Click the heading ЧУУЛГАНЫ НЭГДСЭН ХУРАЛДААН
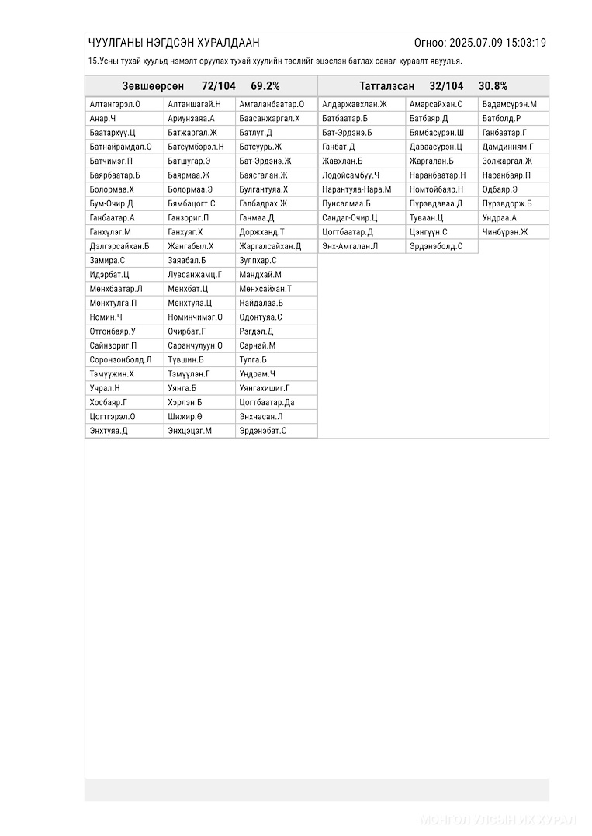pyautogui.click(x=174, y=43)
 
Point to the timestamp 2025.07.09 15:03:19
pyautogui.click(x=497, y=43)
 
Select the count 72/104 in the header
pyautogui.click(x=218, y=86)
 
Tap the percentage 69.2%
pyautogui.click(x=265, y=86)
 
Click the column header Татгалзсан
pyautogui.click(x=386, y=86)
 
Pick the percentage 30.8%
pyautogui.click(x=493, y=86)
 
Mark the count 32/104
pyautogui.click(x=446, y=86)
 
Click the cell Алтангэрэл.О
pyautogui.click(x=115, y=104)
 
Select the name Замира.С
pyautogui.click(x=107, y=261)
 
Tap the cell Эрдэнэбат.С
pyautogui.click(x=263, y=431)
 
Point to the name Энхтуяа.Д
pyautogui.click(x=109, y=431)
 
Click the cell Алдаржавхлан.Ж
pyautogui.click(x=355, y=104)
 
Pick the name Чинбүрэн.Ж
pyautogui.click(x=504, y=232)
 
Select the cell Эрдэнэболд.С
pyautogui.click(x=436, y=247)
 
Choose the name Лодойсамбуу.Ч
pyautogui.click(x=351, y=175)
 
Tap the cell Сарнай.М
pyautogui.click(x=258, y=345)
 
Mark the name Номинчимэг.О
pyautogui.click(x=195, y=317)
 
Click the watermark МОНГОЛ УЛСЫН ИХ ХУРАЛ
pyautogui.click(x=497, y=820)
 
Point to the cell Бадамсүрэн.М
pyautogui.click(x=509, y=104)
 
